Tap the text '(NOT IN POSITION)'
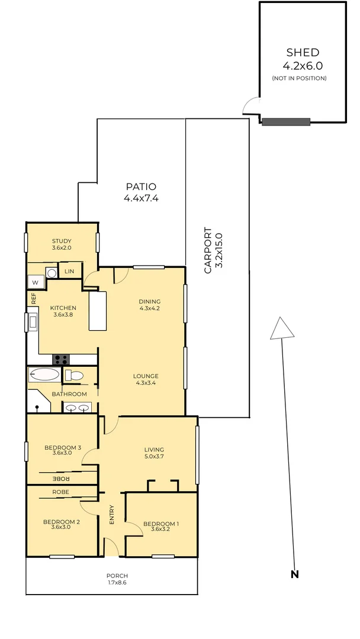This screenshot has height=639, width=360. [x=299, y=78]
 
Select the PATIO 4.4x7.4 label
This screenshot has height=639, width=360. [x=141, y=192]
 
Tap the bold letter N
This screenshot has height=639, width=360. [x=295, y=574]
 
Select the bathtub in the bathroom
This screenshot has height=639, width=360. [x=44, y=375]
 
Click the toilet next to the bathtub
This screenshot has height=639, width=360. [x=74, y=375]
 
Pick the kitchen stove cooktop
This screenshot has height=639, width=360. [x=61, y=360]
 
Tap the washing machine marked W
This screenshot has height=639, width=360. [x=36, y=282]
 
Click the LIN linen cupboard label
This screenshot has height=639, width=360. [x=69, y=271]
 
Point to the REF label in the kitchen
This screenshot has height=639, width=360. [x=33, y=299]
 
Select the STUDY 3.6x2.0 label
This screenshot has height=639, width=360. [x=62, y=244]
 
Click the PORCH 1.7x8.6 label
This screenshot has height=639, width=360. [x=117, y=579]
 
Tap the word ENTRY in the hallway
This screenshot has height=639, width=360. [x=112, y=515]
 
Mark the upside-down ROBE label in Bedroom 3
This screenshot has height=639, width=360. [x=61, y=478]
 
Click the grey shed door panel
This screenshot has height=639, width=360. [x=286, y=122]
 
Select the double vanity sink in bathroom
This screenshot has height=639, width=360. [x=77, y=406]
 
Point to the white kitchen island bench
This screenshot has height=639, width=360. [x=98, y=311]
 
